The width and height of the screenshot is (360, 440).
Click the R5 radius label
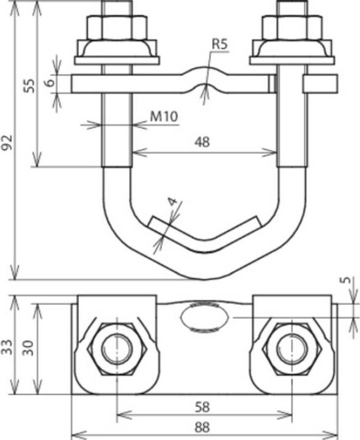221,44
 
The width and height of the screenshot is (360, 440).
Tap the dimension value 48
202,142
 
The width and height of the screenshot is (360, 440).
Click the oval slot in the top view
206,318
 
